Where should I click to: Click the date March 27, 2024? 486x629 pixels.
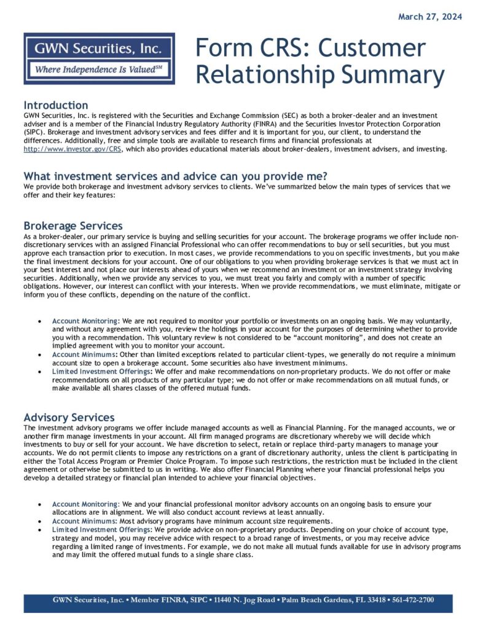coord(429,17)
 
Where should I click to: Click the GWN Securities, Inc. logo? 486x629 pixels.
coord(99,58)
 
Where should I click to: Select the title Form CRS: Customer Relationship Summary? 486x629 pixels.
coord(319,61)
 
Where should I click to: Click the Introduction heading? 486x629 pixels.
coord(56,105)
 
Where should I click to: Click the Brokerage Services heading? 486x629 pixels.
coord(73,225)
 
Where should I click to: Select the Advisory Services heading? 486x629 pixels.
coord(69,418)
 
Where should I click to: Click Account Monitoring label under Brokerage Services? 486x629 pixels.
coord(86,321)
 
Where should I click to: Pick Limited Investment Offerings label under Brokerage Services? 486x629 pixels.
coord(102,372)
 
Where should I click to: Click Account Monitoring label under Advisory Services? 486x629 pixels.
coord(86,504)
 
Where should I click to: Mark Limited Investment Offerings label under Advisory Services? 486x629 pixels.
coord(102,529)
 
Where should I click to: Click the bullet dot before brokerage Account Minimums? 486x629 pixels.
coord(40,355)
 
